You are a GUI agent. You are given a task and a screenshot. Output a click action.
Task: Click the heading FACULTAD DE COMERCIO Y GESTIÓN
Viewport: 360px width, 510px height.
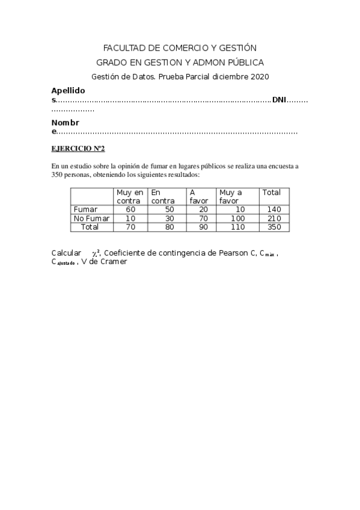pyautogui.click(x=180, y=48)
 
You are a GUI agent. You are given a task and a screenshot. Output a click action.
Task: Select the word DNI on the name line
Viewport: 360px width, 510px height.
pyautogui.click(x=279, y=100)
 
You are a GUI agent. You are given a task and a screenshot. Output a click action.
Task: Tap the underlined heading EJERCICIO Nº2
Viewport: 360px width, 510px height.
pyautogui.click(x=78, y=148)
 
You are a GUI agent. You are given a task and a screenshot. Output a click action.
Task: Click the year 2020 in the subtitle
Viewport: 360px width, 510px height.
pyautogui.click(x=259, y=77)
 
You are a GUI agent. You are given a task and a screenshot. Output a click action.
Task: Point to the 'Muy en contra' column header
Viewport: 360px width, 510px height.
pyautogui.click(x=130, y=197)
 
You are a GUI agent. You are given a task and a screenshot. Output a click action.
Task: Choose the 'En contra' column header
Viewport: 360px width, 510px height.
pyautogui.click(x=163, y=197)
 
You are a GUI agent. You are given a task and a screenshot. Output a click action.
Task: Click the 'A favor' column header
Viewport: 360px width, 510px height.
pyautogui.click(x=198, y=197)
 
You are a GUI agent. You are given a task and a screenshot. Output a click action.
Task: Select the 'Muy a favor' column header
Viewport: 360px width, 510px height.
pyautogui.click(x=231, y=197)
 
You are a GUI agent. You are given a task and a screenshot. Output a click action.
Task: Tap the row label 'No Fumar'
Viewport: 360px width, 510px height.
pyautogui.click(x=91, y=218)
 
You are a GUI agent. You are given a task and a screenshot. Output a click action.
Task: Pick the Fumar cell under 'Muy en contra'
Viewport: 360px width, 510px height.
pyautogui.click(x=130, y=209)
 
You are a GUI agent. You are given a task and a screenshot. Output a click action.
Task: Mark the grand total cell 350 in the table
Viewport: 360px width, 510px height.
pyautogui.click(x=274, y=227)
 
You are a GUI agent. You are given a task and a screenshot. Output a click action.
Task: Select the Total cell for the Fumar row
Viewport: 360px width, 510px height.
pyautogui.click(x=274, y=209)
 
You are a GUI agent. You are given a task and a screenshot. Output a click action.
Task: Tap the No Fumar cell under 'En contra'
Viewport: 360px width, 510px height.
pyautogui.click(x=169, y=218)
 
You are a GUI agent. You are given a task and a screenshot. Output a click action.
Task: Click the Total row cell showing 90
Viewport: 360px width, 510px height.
pyautogui.click(x=203, y=227)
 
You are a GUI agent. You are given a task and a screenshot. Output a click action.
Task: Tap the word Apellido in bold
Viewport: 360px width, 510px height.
pyautogui.click(x=68, y=90)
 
